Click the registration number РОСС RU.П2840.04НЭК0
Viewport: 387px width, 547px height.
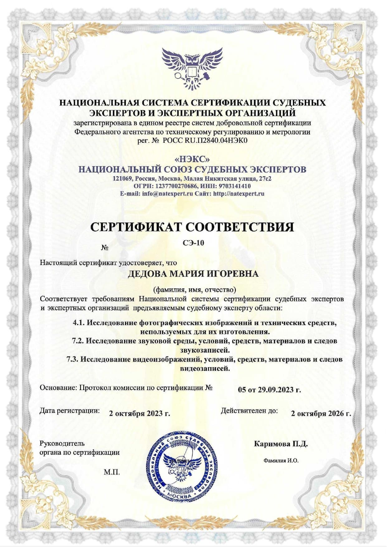click(205, 141)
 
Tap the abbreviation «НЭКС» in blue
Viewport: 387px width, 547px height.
click(192, 159)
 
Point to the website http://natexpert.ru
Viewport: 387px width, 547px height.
click(239, 194)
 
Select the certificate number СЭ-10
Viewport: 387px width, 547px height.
click(193, 243)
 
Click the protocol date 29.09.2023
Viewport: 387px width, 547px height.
click(276, 390)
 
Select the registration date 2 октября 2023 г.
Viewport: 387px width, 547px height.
click(139, 413)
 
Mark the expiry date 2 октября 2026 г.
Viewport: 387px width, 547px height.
click(321, 413)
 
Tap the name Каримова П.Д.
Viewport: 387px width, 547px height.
click(281, 444)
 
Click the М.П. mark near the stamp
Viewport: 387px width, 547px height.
click(112, 472)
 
